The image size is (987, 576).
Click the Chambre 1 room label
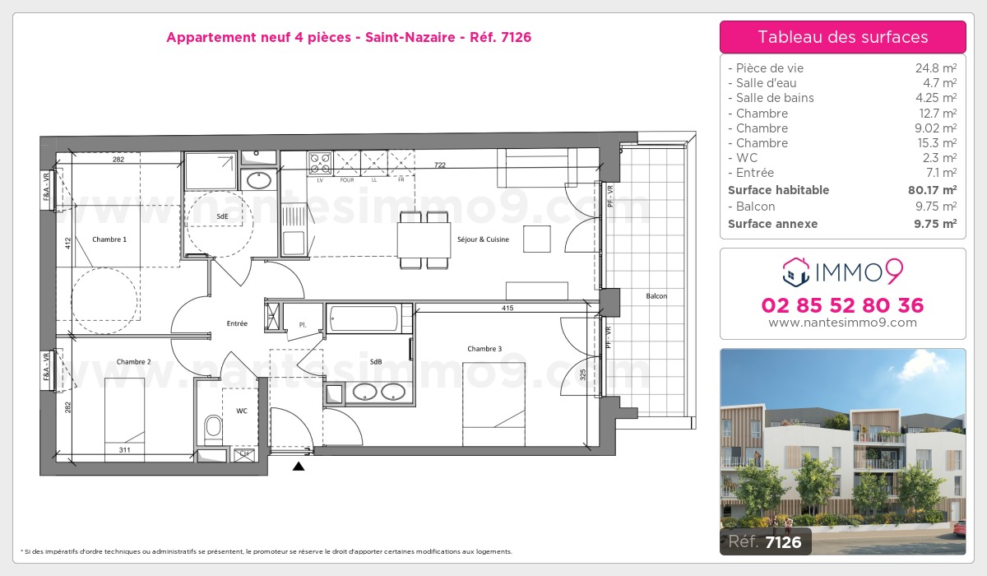point(109,239)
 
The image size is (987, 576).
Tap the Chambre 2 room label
point(133,361)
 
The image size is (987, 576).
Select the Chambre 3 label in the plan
point(484,349)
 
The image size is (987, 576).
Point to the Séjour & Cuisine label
point(483,239)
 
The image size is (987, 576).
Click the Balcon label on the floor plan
point(656,295)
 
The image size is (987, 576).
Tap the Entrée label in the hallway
point(237,323)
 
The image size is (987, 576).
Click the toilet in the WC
point(213,426)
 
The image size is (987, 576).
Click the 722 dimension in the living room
point(440,165)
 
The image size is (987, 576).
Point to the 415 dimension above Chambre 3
point(507,308)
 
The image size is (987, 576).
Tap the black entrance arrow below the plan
point(299,466)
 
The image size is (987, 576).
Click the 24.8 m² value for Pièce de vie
point(938,68)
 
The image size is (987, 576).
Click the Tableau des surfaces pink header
point(843,37)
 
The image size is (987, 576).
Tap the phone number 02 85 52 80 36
point(843,305)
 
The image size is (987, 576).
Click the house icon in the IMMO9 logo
point(795,268)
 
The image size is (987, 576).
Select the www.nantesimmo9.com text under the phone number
point(843,323)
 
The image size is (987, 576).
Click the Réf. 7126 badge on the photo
point(765,541)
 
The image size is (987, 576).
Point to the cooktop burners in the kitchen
point(319,160)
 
